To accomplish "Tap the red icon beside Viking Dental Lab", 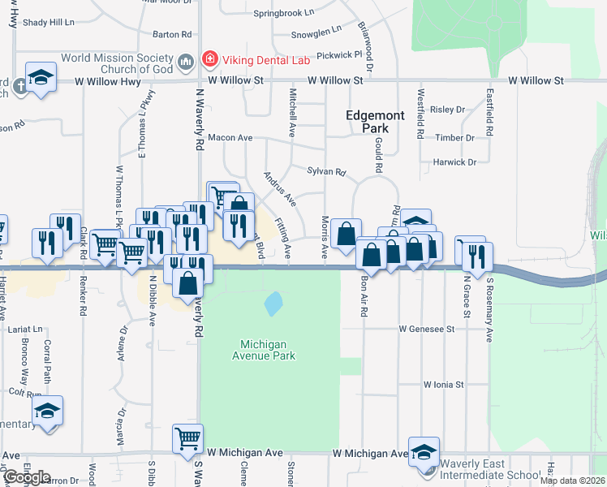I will click(x=209, y=58).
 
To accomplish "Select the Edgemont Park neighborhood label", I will click(x=375, y=122).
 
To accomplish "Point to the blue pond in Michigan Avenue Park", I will click(x=273, y=304).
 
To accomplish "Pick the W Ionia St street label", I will click(x=442, y=385).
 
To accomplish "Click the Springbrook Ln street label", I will click(x=283, y=13).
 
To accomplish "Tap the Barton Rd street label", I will click(x=172, y=35).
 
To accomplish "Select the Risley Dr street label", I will click(x=447, y=110).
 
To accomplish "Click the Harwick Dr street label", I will click(x=454, y=162).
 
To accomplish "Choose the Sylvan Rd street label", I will click(x=326, y=172).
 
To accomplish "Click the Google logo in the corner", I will click(x=27, y=478).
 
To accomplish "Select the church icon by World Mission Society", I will click(x=186, y=60).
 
